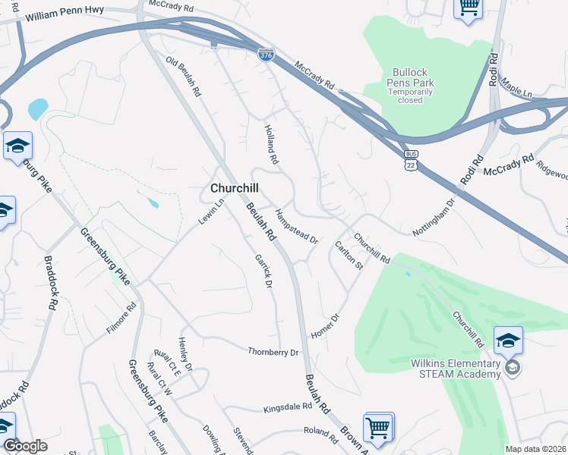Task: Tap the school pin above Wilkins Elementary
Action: click(508, 340)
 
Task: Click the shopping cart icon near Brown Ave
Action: click(378, 427)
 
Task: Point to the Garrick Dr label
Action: click(263, 271)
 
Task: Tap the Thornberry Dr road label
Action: click(273, 352)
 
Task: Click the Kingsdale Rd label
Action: click(288, 407)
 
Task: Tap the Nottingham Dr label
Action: click(433, 215)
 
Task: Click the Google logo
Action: click(25, 446)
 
